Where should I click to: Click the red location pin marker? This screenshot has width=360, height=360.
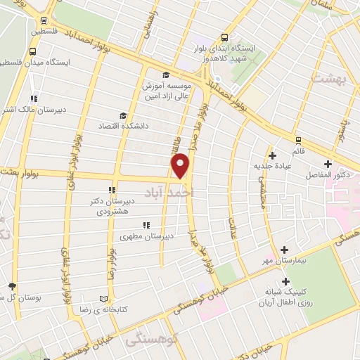coord(181,166)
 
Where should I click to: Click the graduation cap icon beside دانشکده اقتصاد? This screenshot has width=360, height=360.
coord(123,115)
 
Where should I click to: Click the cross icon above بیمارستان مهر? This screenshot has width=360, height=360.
coord(284,250)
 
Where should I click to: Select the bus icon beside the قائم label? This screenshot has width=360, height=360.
coord(298,139)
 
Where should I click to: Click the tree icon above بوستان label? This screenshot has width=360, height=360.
coord(12,285)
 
